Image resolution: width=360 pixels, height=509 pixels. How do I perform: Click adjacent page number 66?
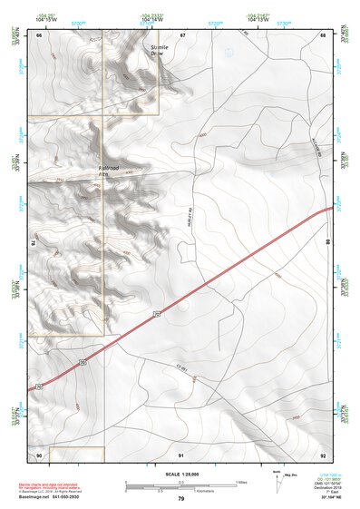[39, 34]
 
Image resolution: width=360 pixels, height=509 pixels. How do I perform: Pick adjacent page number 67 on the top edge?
[182, 34]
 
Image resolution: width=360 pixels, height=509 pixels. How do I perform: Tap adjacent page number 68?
[323, 34]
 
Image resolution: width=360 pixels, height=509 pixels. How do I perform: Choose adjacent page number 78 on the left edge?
[33, 242]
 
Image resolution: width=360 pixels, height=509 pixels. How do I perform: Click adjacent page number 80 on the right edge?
[327, 242]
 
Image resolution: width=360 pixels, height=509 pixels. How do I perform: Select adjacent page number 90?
[39, 454]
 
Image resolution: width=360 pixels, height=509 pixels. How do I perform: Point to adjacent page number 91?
[181, 454]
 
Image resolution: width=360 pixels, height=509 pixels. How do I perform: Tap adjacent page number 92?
[323, 454]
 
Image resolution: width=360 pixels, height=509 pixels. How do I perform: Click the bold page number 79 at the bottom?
[181, 498]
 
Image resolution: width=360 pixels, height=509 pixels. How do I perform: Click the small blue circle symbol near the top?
[229, 53]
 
